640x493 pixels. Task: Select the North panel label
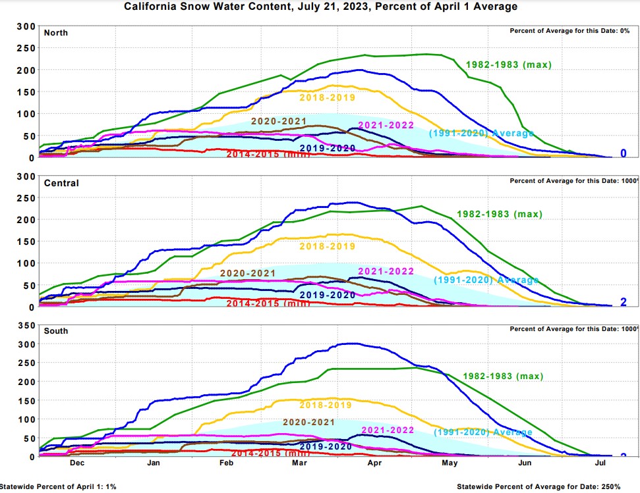(55, 33)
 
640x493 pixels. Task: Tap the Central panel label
(61, 183)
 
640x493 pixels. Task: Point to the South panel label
(56, 331)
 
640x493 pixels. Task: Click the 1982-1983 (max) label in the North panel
(508, 65)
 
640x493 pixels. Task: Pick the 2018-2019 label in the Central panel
(327, 247)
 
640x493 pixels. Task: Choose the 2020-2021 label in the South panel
(308, 422)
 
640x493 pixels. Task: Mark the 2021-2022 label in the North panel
(386, 126)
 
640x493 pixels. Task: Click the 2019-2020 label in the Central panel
(327, 295)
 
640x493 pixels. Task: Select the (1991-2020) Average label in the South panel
(483, 432)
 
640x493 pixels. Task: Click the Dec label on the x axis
(76, 463)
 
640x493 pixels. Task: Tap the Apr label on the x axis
(375, 463)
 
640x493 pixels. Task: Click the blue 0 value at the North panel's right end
(623, 154)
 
